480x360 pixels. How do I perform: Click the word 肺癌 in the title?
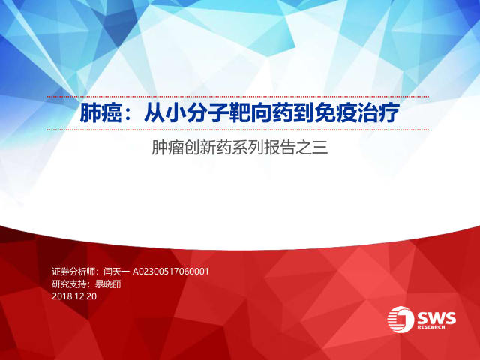point(101,113)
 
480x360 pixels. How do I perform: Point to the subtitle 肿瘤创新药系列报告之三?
point(240,148)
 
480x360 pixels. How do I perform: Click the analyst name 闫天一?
point(117,271)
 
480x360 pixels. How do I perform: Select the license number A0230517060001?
point(170,271)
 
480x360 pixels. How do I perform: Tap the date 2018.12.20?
point(74,296)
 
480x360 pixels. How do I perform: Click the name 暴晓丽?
point(108,284)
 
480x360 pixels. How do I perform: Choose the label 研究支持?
point(69,284)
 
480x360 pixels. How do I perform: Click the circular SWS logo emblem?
point(400,319)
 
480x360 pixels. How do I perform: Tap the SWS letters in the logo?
point(436,318)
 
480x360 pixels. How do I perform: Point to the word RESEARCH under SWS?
point(431,327)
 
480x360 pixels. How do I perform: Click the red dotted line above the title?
point(238,97)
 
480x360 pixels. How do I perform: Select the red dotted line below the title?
point(238,130)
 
